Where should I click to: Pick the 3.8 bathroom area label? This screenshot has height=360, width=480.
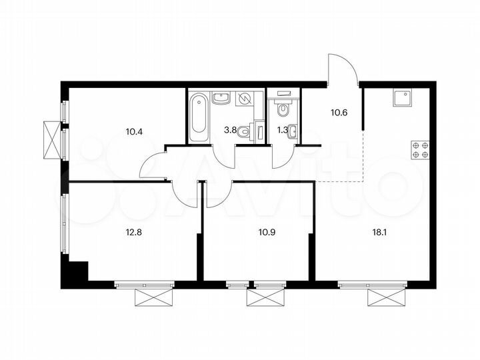click(230, 131)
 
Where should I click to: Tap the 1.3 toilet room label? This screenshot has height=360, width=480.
click(282, 131)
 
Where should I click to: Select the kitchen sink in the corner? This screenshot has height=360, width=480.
click(403, 99)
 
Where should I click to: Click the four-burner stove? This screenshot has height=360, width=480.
click(420, 149)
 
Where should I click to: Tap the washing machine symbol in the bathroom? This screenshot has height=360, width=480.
click(244, 99)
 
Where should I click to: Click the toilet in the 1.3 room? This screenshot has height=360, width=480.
click(283, 108)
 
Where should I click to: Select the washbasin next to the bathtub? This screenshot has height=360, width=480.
click(221, 99)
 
